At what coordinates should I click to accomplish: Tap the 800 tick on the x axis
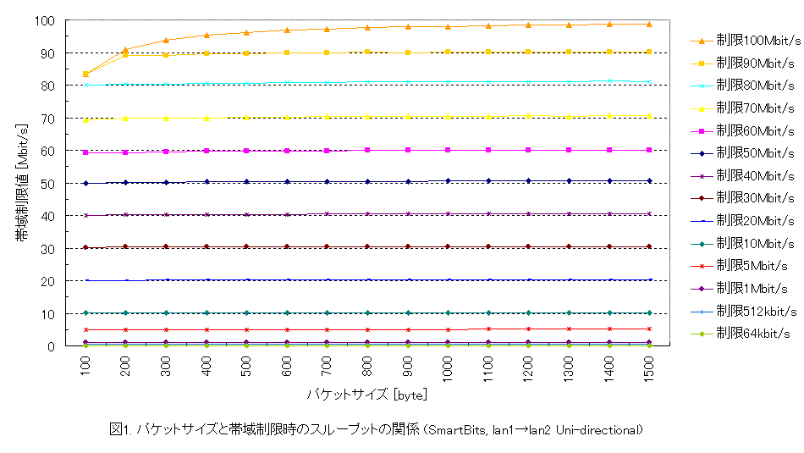point(367,365)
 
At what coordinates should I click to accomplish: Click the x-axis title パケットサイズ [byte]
point(367,395)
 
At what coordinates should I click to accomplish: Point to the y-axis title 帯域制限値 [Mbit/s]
point(20,183)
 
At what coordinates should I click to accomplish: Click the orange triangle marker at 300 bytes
point(166,40)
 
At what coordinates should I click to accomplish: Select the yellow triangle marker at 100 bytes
point(85,119)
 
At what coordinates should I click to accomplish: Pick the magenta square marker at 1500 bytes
point(649,150)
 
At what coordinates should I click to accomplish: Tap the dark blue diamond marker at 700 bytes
point(327,181)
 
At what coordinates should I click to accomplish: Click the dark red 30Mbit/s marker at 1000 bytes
point(448,246)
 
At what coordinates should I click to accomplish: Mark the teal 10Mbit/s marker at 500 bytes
point(246,312)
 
